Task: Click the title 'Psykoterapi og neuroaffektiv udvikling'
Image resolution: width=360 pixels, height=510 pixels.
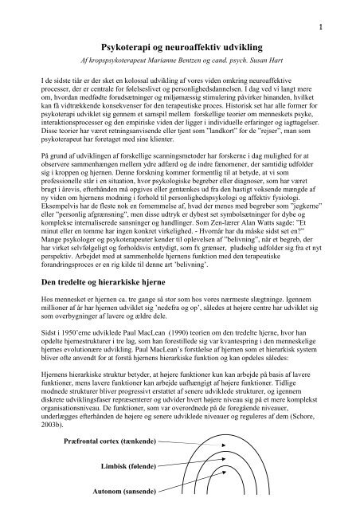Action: tap(180, 49)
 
